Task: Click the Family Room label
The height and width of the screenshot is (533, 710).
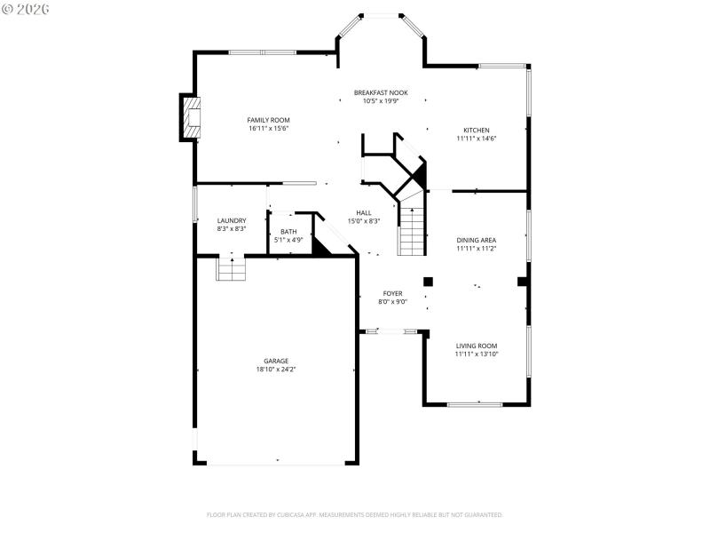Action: (x=268, y=120)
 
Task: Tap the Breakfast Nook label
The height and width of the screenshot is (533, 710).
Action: (x=381, y=92)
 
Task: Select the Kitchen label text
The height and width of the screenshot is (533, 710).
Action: (x=476, y=130)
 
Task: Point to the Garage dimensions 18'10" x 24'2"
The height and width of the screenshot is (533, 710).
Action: (x=275, y=369)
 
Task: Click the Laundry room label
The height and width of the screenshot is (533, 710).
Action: (x=231, y=220)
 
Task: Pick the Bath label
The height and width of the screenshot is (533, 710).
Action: (x=288, y=231)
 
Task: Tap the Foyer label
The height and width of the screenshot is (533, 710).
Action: (x=392, y=293)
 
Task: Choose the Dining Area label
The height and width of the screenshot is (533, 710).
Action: (x=476, y=240)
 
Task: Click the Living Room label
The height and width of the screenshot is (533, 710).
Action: (x=476, y=346)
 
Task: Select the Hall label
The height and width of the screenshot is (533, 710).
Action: (x=364, y=212)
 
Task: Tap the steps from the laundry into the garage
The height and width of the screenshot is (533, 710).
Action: (x=231, y=269)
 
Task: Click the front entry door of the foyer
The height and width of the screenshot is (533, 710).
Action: (x=391, y=331)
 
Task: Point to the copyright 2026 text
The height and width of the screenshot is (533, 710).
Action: (x=26, y=8)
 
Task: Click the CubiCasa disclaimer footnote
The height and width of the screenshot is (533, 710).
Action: (x=355, y=514)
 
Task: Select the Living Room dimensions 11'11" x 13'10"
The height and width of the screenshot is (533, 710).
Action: (x=476, y=354)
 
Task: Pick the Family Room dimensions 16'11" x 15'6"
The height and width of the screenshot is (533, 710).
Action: (x=268, y=128)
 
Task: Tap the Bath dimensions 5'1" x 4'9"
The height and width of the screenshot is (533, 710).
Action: (x=288, y=239)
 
